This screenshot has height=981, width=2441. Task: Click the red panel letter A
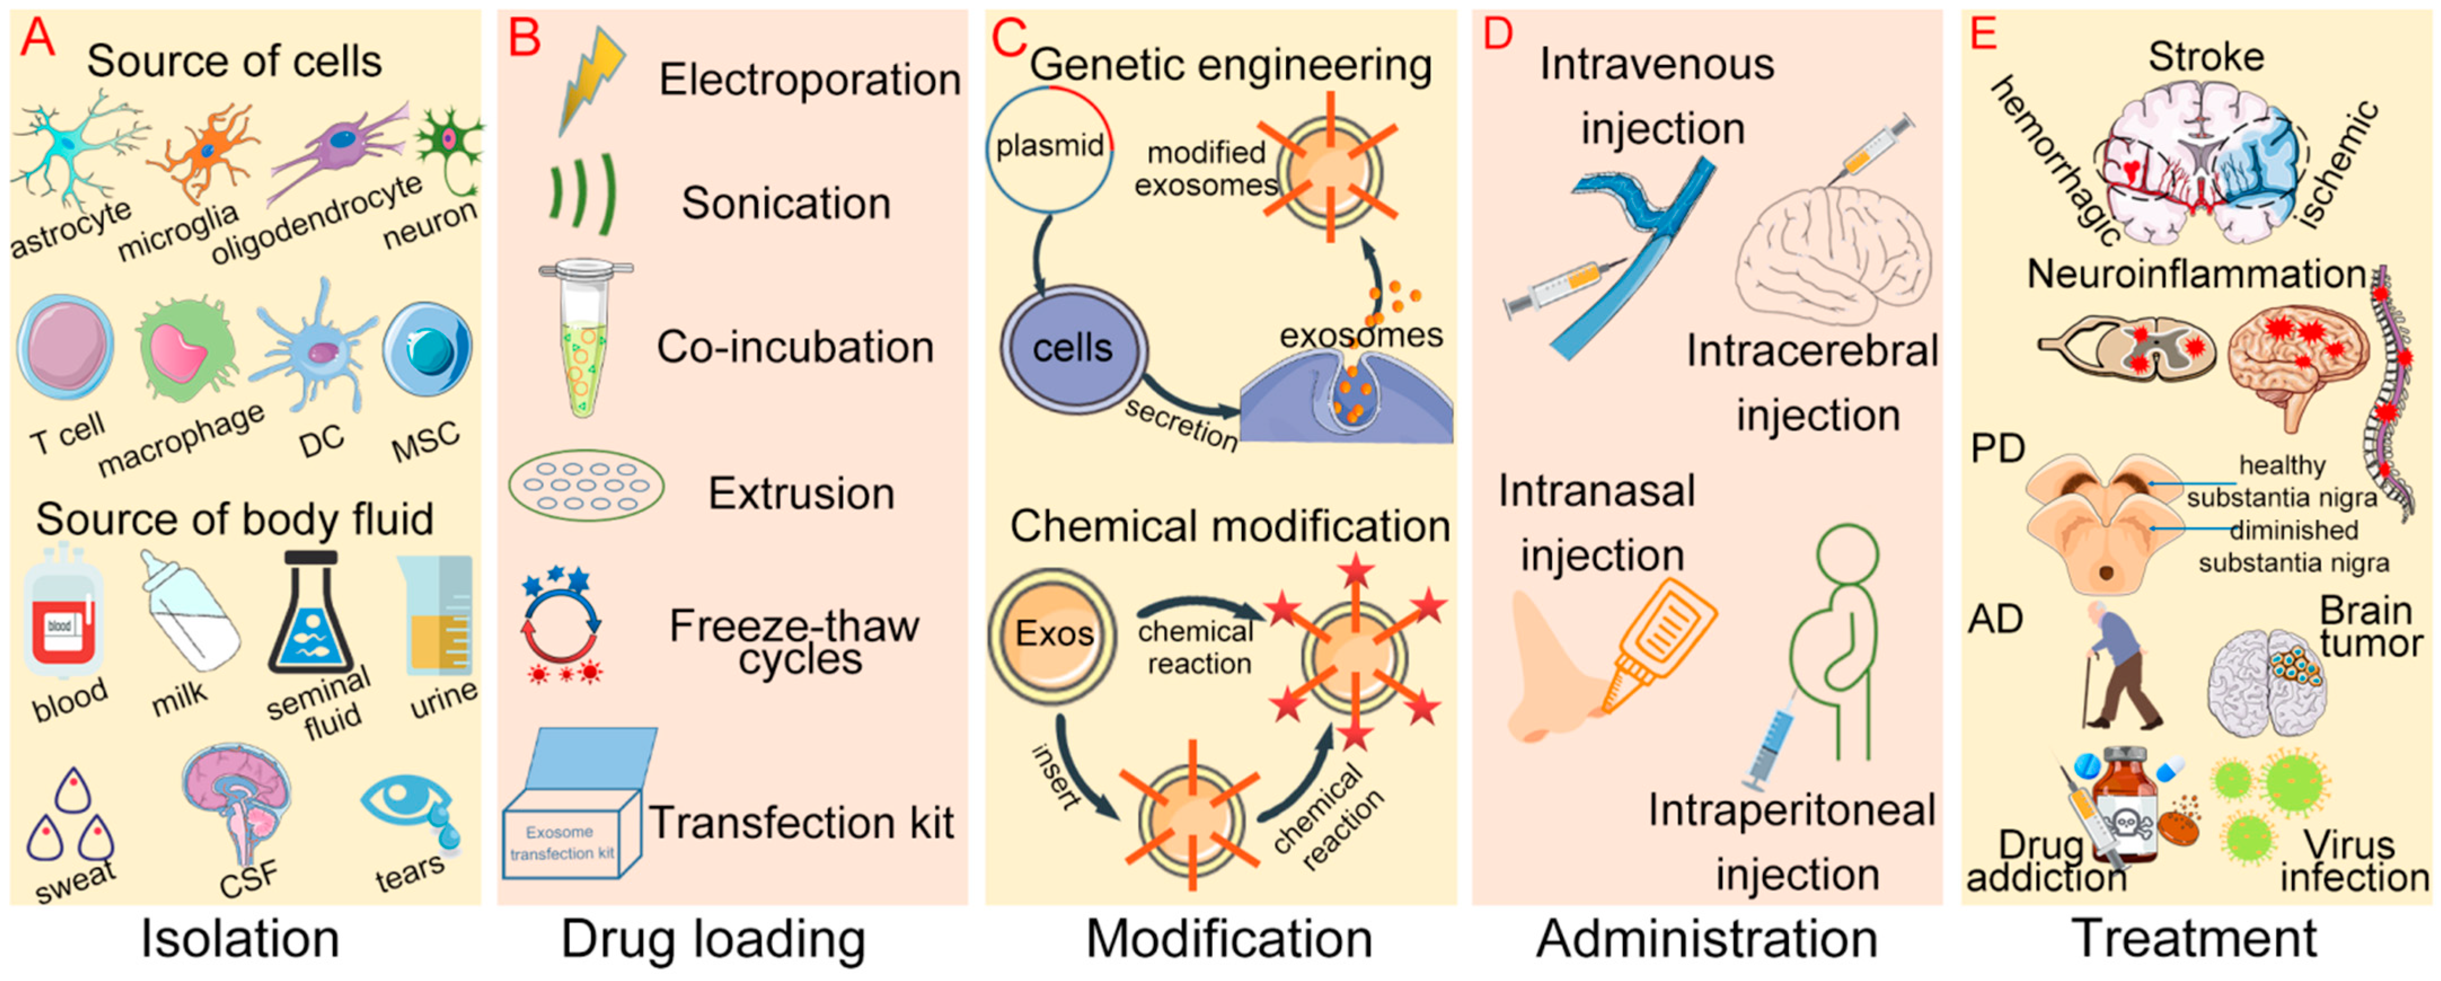38,38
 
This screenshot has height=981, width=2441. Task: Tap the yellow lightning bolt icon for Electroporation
590,81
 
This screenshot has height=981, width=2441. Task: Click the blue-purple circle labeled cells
1073,349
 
